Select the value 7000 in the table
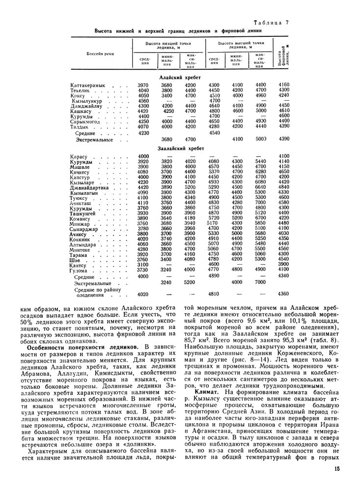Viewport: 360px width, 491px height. coord(260,283)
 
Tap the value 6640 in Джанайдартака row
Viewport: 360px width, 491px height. coord(260,187)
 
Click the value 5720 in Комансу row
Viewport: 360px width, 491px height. coord(213,218)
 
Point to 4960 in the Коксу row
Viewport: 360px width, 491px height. coord(260,96)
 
